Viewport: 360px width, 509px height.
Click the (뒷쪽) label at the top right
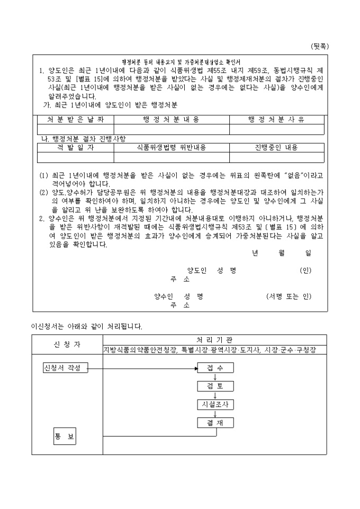320,46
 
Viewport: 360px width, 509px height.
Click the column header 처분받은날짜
76,120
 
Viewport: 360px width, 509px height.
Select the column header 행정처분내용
172,120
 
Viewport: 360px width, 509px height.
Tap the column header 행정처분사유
276,120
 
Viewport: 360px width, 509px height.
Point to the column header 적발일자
75,147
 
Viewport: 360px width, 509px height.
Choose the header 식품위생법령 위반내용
172,147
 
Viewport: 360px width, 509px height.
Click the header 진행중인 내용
276,147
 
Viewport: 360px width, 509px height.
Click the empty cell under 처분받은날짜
76,130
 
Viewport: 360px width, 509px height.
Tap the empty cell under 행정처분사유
276,130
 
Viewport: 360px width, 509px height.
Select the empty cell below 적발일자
75,157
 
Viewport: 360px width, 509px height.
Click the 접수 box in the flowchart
215,368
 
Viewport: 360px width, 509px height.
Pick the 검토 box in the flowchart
215,386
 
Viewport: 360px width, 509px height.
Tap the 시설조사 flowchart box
215,404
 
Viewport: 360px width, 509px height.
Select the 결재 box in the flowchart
215,423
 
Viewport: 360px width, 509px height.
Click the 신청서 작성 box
66,368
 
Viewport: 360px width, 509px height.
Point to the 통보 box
65,437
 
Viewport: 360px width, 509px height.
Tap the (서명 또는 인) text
289,297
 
